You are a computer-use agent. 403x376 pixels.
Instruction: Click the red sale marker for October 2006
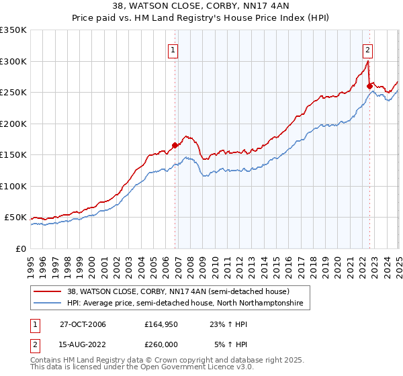pyautogui.click(x=175, y=145)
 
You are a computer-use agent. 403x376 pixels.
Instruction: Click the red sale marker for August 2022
pyautogui.click(x=369, y=85)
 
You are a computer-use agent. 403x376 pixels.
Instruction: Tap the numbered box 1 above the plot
pyautogui.click(x=173, y=49)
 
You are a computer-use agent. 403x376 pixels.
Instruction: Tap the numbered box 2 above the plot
pyautogui.click(x=368, y=49)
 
